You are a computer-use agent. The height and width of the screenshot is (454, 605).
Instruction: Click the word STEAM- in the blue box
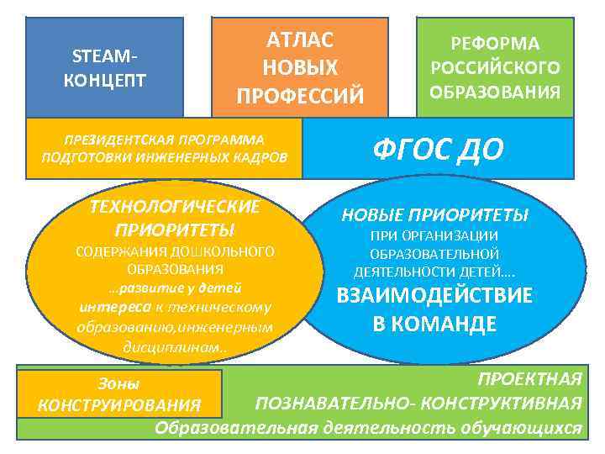coord(105,57)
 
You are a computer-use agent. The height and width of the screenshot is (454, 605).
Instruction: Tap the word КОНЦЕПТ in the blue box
coord(105,81)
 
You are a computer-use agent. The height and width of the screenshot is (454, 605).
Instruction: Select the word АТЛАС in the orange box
coord(300,40)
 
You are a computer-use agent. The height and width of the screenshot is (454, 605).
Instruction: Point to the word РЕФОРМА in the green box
coord(495,44)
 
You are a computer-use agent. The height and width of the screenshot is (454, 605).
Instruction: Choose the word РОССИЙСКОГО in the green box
coord(495,68)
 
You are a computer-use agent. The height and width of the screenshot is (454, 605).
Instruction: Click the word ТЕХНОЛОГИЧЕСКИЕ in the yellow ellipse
coord(175,207)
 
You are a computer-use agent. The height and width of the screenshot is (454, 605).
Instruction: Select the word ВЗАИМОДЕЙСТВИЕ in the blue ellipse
coord(434,296)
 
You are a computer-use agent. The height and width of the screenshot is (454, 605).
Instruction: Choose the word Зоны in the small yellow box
coord(118,383)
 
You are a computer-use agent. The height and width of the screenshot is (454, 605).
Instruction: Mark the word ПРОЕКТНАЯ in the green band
coord(529,377)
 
